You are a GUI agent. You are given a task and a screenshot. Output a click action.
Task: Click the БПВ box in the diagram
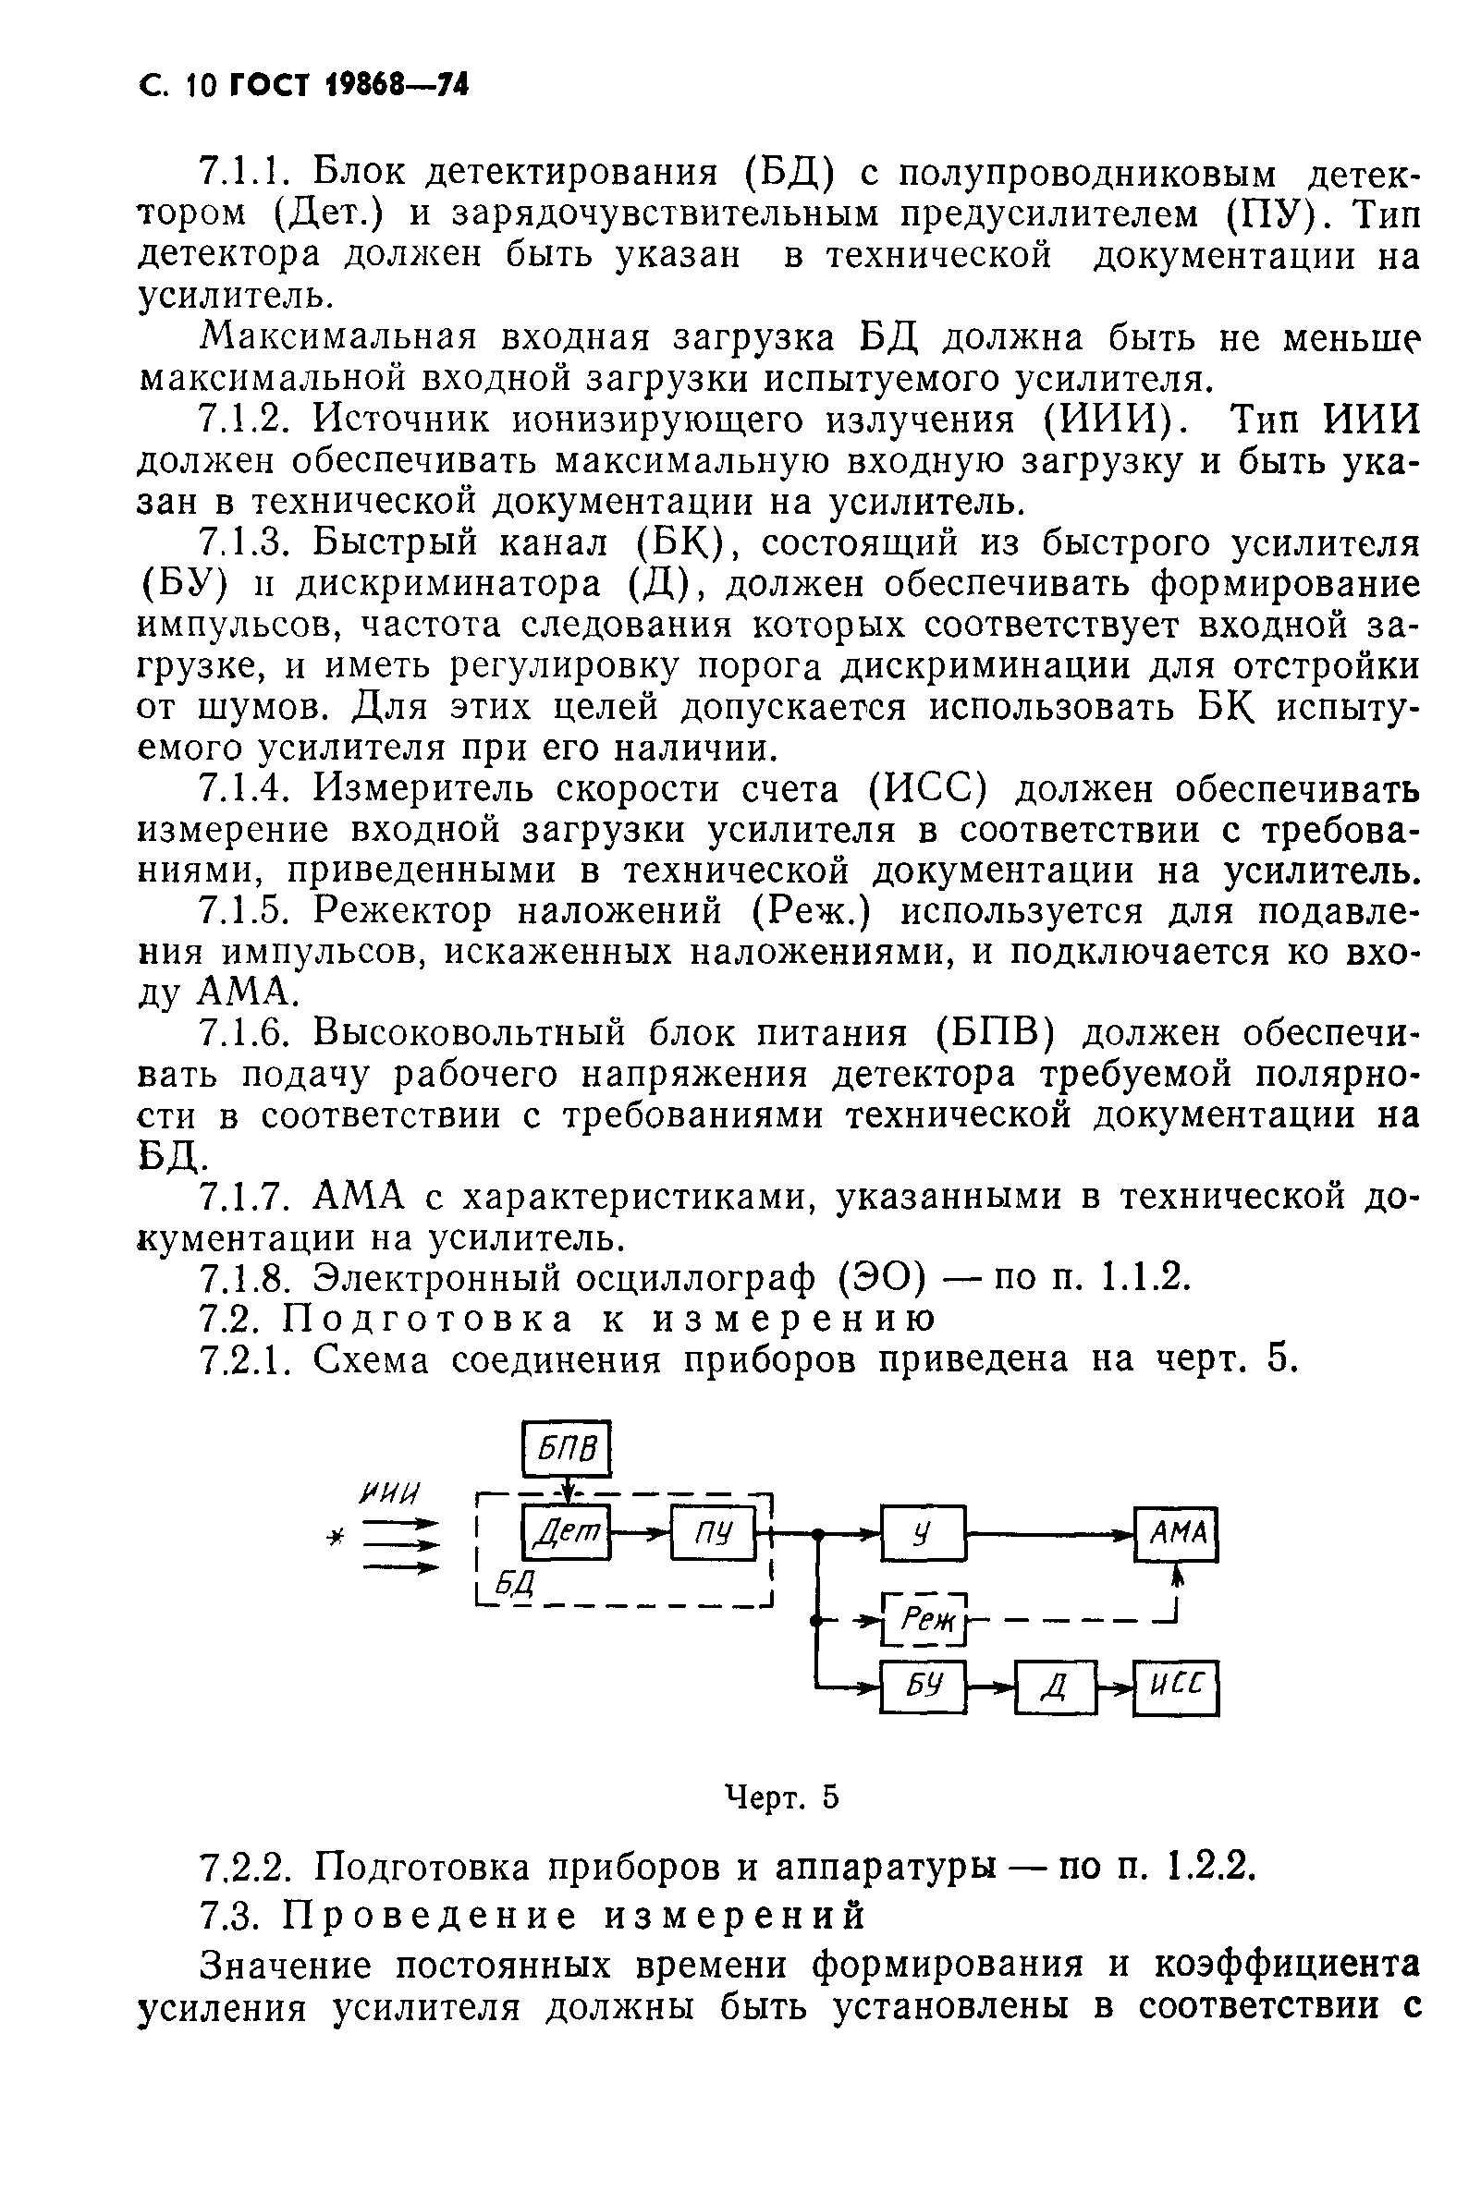567,1448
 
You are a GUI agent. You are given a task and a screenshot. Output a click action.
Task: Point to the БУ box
923,1687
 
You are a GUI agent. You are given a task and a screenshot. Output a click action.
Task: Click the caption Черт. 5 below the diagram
781,1796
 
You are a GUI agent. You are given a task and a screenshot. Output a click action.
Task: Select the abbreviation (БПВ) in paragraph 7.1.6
996,1034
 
